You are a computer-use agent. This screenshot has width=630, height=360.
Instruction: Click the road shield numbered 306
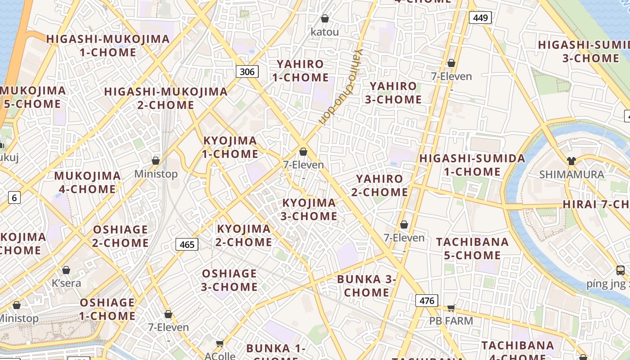pyautogui.click(x=247, y=72)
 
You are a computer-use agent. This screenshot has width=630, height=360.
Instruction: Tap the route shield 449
pyautogui.click(x=480, y=18)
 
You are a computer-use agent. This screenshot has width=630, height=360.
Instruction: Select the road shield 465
pyautogui.click(x=187, y=244)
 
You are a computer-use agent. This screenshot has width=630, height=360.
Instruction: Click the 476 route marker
pyautogui.click(x=426, y=301)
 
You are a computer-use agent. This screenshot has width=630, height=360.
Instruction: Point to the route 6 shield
pyautogui.click(x=14, y=197)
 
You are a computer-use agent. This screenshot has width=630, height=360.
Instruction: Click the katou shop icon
pyautogui.click(x=324, y=18)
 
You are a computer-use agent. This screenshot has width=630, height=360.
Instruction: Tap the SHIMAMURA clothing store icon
pyautogui.click(x=571, y=161)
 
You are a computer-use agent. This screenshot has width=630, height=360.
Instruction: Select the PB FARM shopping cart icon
pyautogui.click(x=451, y=308)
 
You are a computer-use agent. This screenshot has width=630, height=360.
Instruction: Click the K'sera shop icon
pyautogui.click(x=66, y=270)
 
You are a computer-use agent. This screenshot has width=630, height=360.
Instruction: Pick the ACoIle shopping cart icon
pyautogui.click(x=220, y=344)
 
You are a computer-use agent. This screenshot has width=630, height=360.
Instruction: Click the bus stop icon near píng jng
pyautogui.click(x=621, y=270)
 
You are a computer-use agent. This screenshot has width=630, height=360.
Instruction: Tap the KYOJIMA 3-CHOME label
pyautogui.click(x=309, y=210)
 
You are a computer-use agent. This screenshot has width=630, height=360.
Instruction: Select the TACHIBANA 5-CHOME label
pyautogui.click(x=472, y=249)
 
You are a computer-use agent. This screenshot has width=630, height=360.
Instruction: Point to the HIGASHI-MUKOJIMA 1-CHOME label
pyautogui.click(x=108, y=46)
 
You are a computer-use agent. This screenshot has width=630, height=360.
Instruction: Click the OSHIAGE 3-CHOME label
pyautogui.click(x=229, y=280)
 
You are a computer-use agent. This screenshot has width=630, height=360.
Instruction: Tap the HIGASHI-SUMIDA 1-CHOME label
pyautogui.click(x=472, y=165)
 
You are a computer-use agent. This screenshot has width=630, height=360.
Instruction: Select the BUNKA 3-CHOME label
pyautogui.click(x=366, y=286)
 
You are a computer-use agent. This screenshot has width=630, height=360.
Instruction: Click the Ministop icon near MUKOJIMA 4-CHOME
pyautogui.click(x=156, y=161)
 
